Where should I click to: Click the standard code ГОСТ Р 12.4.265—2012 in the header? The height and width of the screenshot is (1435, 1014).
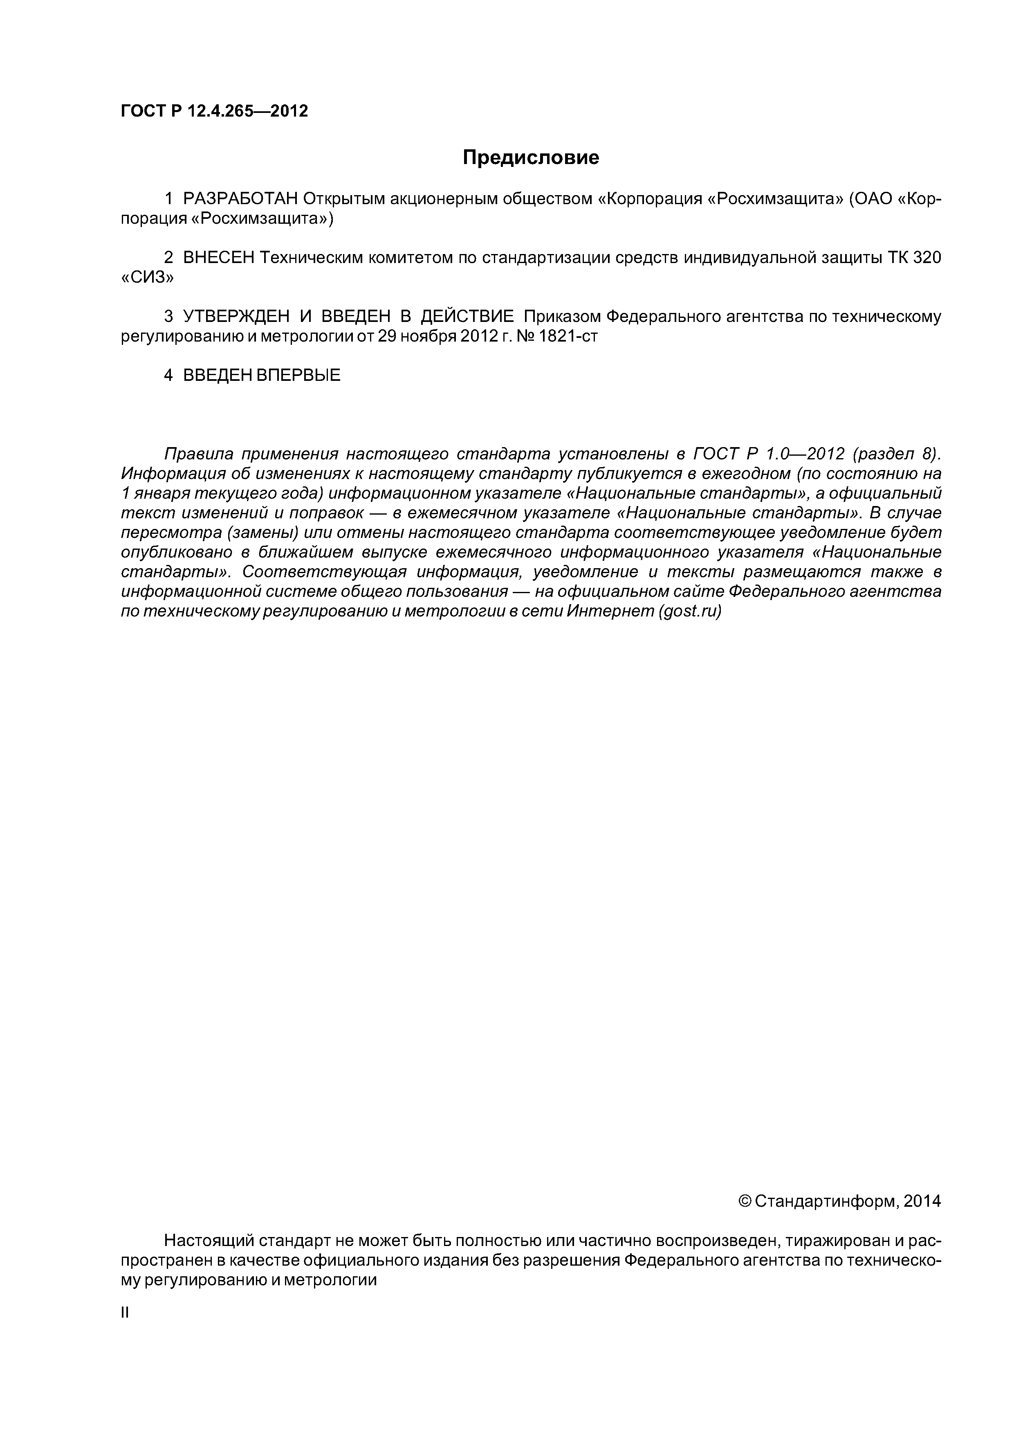[214, 111]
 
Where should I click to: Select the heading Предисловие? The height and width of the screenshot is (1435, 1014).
[530, 157]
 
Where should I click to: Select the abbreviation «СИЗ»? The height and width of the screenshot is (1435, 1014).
[147, 277]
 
